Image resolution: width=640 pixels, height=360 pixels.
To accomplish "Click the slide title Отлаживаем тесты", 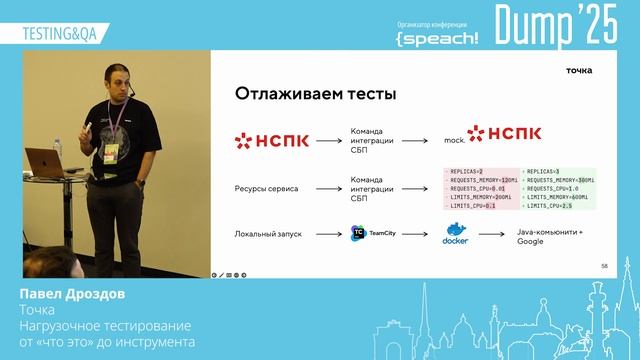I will [x=315, y=94].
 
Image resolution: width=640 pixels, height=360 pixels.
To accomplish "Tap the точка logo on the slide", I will [x=579, y=70].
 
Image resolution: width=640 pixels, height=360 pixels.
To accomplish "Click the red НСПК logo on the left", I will [x=271, y=140].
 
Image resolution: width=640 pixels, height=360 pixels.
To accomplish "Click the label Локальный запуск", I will [x=264, y=234].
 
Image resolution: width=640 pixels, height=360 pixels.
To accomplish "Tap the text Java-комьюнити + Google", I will [x=549, y=236].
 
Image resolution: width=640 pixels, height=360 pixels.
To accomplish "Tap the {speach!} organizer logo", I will [x=437, y=36].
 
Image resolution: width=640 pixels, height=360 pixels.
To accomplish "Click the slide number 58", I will [x=604, y=266].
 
